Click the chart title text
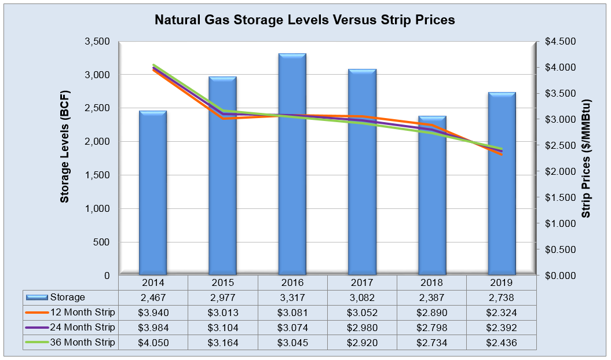pos(305,20)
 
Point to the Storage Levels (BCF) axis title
pos(65,147)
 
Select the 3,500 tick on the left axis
pos(98,42)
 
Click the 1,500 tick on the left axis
pos(98,175)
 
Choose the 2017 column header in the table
pos(362,283)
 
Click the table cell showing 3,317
pos(292,297)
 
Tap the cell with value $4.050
pos(153,343)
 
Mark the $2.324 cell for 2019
pos(502,313)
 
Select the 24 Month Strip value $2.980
pos(362,328)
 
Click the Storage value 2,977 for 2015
pos(223,297)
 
